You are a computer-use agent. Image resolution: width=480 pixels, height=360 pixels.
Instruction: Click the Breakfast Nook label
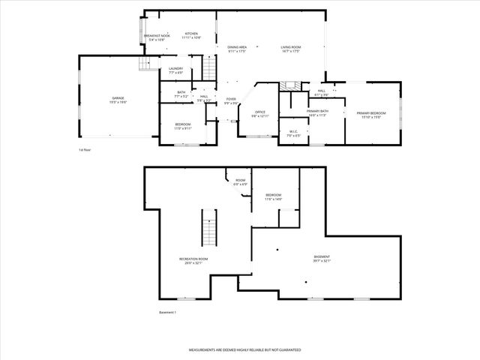tap(157, 35)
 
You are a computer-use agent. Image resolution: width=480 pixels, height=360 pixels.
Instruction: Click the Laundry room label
tap(175, 70)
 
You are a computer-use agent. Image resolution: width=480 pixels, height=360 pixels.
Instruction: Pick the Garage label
tap(118, 98)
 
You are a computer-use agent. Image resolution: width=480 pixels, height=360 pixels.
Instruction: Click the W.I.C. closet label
tap(294, 133)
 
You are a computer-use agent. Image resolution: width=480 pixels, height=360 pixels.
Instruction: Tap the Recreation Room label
tap(193, 261)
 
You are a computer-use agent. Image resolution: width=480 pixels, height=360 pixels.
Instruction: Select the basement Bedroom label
tap(273, 197)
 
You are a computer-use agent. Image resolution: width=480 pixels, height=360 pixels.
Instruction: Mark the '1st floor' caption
tap(85, 150)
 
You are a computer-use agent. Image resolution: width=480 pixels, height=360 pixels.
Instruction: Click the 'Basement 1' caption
tap(167, 312)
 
